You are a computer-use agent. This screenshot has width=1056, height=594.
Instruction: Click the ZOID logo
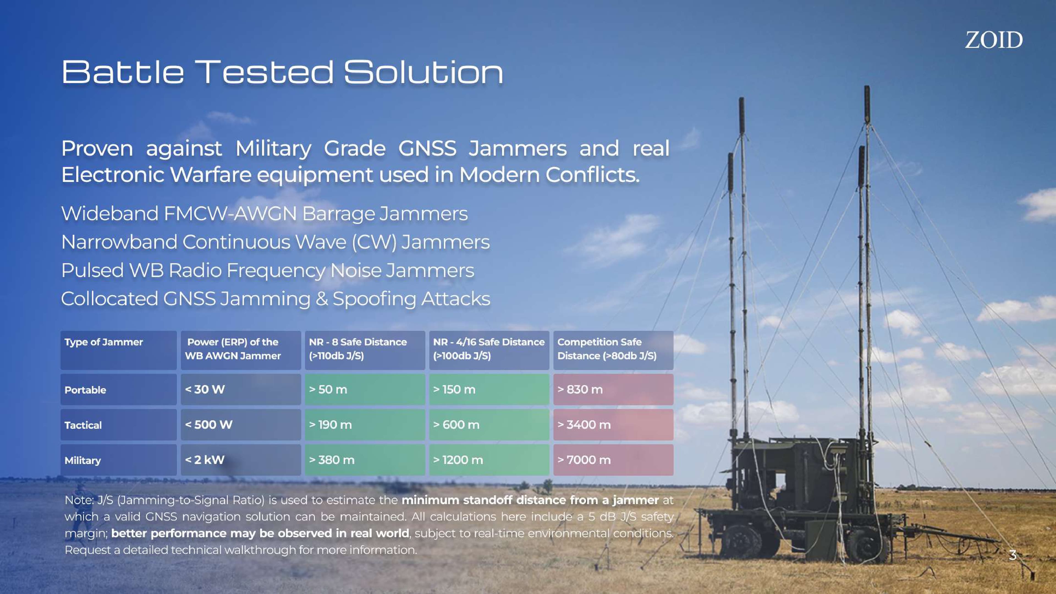[x=994, y=40]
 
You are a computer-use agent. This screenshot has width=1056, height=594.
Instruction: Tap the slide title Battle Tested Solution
[x=282, y=72]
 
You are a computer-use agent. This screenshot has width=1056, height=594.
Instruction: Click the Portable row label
[x=119, y=389]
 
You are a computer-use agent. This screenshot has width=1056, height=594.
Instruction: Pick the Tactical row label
[x=119, y=424]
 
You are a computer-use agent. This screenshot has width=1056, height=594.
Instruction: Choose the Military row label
[x=119, y=460]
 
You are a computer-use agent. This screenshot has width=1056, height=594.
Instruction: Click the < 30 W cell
[x=241, y=389]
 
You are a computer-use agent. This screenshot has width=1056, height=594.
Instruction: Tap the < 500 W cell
[x=241, y=424]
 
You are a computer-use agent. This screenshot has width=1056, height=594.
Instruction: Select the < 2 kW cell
[x=241, y=460]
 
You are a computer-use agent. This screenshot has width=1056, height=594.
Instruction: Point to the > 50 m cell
[x=365, y=389]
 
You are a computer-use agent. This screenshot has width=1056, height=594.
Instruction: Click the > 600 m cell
[x=489, y=424]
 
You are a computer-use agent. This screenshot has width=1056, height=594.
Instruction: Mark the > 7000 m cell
[x=613, y=460]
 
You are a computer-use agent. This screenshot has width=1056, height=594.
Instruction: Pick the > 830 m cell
[x=613, y=389]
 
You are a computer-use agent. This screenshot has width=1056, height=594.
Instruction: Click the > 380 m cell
[x=365, y=460]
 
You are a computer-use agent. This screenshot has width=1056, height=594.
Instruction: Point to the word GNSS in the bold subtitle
[x=427, y=148]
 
